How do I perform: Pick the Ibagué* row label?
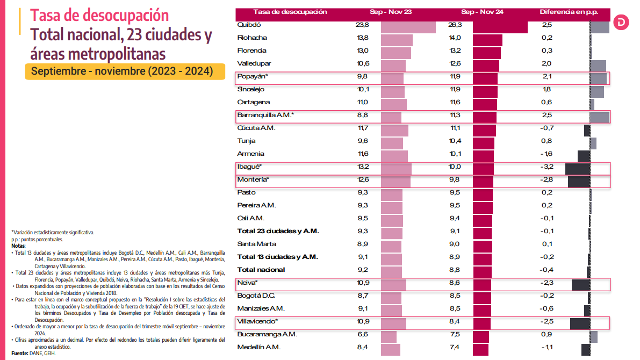(x=249, y=167)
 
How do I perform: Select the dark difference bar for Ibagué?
(x=578, y=168)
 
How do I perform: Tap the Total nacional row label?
(x=261, y=270)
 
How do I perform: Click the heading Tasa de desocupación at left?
(x=99, y=15)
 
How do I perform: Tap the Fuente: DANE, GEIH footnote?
(x=33, y=354)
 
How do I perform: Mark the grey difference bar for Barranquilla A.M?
(x=599, y=117)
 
